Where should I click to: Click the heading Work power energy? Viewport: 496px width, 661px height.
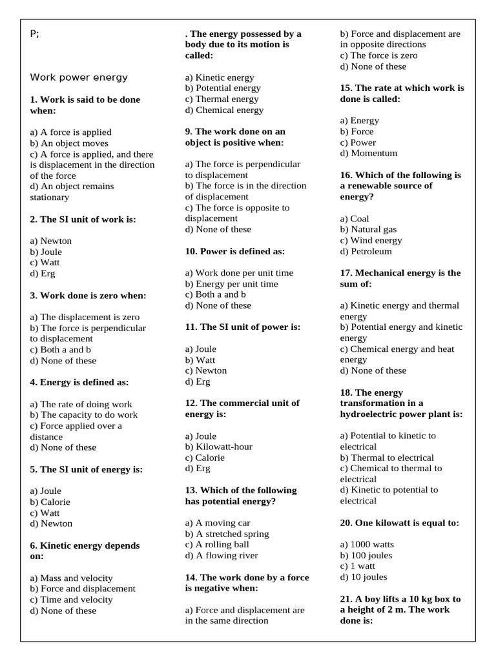pos(79,77)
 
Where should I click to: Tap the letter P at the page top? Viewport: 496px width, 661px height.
pos(33,34)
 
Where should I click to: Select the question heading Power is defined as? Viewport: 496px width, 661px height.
pos(234,251)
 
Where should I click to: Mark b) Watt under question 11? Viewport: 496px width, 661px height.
pos(200,360)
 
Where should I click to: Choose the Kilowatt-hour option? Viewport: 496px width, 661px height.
pos(218,447)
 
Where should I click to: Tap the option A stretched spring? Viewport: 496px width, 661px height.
pos(227,534)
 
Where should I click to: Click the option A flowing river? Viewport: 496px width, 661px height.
pos(222,555)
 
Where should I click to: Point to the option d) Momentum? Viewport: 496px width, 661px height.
pos(369,153)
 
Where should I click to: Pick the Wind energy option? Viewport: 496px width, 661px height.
pos(371,240)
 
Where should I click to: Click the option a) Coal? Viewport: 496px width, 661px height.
pos(355,218)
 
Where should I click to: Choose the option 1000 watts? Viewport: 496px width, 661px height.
pos(366,544)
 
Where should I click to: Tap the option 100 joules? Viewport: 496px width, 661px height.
pos(366,555)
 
